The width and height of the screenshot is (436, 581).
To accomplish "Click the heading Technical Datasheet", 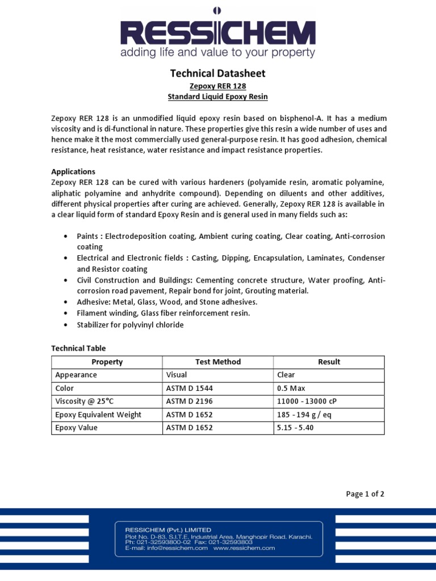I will point(218,73).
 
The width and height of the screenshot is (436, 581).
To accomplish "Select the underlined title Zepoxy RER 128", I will point(218,86).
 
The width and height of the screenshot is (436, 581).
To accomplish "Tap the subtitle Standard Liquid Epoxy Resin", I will point(218,97).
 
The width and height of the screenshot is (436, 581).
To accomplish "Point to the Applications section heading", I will point(73,171).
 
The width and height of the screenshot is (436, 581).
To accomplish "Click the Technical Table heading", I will point(78,348).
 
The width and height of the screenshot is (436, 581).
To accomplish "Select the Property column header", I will point(107,362).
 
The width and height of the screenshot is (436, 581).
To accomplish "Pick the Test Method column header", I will point(217,362).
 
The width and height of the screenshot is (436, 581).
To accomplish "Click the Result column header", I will point(329,362).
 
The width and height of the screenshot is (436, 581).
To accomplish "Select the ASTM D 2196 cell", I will point(189,401).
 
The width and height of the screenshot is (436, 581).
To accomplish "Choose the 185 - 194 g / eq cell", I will point(303,415).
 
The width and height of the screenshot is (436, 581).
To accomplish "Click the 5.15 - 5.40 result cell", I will point(295,428).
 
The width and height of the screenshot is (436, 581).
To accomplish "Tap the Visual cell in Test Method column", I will point(177,375).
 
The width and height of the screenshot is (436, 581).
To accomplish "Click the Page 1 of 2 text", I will point(365,494).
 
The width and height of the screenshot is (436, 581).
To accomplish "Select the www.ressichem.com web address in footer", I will point(244,548).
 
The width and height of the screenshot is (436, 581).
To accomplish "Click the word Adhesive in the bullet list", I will point(93,302).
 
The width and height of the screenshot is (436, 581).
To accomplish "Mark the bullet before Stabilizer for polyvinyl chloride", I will point(66,325).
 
